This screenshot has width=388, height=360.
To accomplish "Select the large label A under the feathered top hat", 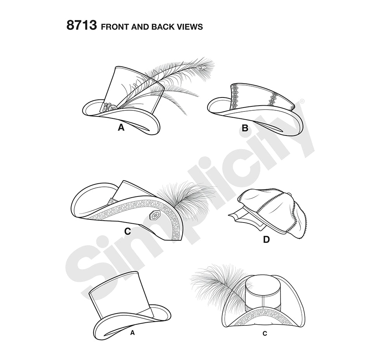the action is (121, 127).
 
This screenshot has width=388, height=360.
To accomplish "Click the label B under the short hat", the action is (245, 128).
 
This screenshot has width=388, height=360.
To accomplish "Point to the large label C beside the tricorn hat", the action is (127, 231).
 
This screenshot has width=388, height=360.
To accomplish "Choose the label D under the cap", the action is (266, 240).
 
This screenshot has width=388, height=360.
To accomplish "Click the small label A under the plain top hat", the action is (132, 333).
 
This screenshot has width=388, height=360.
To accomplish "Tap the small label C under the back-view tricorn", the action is (265, 334).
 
